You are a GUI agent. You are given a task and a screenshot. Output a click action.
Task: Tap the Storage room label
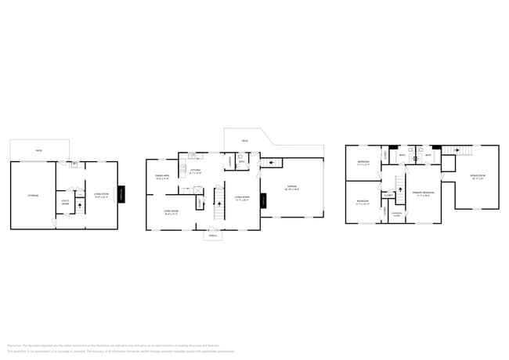click(x=33, y=195)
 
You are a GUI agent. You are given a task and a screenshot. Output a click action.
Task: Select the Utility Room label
click(x=65, y=203)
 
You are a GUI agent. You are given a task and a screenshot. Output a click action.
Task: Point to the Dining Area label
click(x=162, y=178)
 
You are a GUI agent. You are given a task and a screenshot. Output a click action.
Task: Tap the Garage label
click(x=291, y=189)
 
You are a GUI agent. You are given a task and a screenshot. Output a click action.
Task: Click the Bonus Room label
click(x=477, y=177)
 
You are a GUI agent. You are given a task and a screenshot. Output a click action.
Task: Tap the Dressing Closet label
click(x=397, y=213)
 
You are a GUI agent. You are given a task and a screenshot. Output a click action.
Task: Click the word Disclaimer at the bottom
click(x=14, y=344)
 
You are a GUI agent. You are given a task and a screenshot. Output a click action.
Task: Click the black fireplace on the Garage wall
click(x=262, y=202)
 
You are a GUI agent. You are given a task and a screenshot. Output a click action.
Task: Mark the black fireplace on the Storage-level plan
click(x=121, y=194)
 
